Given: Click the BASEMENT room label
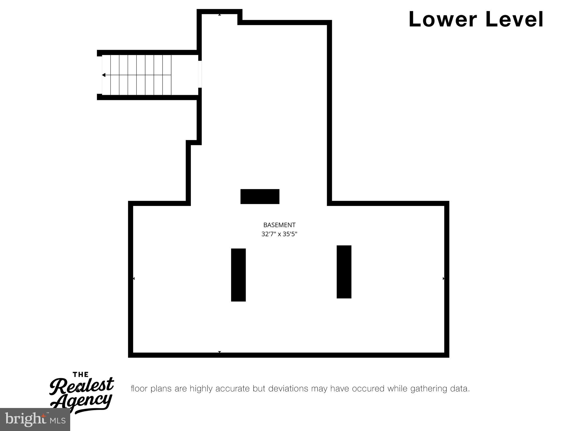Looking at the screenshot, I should (279, 225).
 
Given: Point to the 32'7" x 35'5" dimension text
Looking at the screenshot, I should (279, 234).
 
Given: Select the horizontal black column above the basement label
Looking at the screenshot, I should (260, 196).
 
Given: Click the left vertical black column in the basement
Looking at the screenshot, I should (238, 275).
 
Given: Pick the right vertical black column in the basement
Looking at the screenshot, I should (344, 272).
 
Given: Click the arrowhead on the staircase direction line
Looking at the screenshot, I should (104, 75).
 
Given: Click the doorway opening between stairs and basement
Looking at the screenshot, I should (200, 74).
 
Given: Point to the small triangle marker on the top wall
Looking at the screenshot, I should (220, 15).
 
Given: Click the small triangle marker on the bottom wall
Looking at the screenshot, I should (220, 352).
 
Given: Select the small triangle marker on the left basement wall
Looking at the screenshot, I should (134, 279).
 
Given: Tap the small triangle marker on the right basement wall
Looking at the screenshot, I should (444, 279).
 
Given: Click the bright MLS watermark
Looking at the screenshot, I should (35, 419).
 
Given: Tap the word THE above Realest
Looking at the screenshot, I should (81, 374).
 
